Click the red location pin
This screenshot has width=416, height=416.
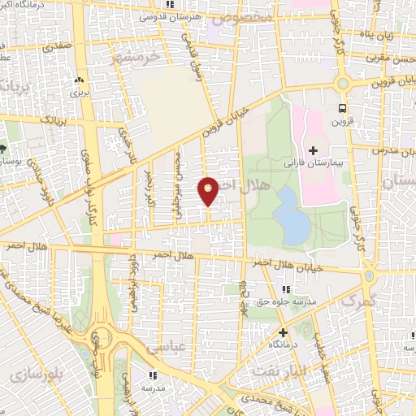[208, 190]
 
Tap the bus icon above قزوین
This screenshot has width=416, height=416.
[342, 107]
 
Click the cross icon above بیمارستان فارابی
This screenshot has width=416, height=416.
[313, 150]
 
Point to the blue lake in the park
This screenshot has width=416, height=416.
[292, 214]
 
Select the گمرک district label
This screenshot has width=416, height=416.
[360, 301]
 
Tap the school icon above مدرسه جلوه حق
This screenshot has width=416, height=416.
[285, 289]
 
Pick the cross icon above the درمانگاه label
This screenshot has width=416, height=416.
[283, 332]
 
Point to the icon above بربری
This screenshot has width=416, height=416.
[80, 80]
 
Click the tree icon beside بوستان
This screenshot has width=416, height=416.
[4, 149]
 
